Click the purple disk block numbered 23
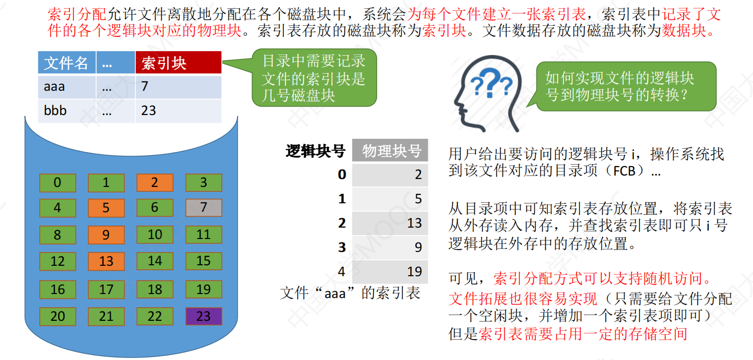point(204,316)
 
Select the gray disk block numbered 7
point(204,207)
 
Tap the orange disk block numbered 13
point(106,261)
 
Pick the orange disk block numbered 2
point(155,182)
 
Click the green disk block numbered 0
point(58,182)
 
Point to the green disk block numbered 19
point(204,289)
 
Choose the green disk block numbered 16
point(58,289)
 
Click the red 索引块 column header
point(179,62)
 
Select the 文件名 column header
point(67,62)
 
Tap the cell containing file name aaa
point(67,87)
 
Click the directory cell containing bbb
point(67,111)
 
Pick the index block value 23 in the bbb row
point(148,111)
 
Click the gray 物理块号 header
point(390,150)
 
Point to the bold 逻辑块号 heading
point(315,151)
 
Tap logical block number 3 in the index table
point(342,247)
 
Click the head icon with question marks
point(488,94)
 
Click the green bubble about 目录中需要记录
point(314,78)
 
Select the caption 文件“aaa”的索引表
point(350,293)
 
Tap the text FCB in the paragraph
point(624,172)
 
